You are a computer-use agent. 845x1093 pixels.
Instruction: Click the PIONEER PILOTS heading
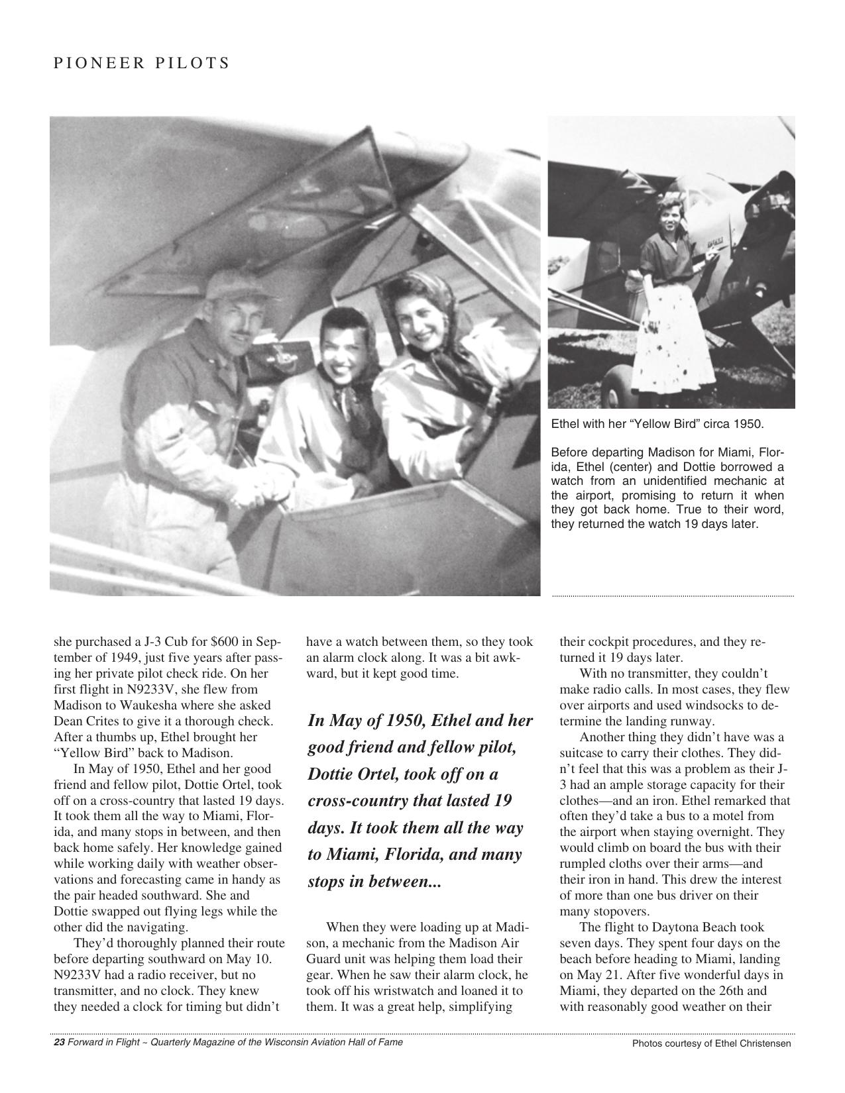pyautogui.click(x=141, y=64)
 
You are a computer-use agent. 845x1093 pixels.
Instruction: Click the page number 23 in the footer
pyautogui.click(x=58, y=1042)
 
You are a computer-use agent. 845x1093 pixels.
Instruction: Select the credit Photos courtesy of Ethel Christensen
pyautogui.click(x=711, y=1043)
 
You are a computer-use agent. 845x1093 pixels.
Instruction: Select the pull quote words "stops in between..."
pyautogui.click(x=374, y=882)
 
